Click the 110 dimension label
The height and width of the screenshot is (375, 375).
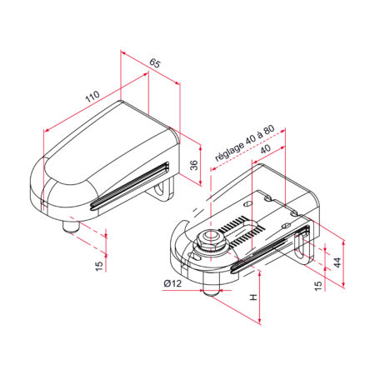tap(92, 96)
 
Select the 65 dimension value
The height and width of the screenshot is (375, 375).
tap(155, 63)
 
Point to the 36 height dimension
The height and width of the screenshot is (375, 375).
tap(195, 165)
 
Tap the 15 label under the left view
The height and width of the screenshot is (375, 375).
tap(99, 266)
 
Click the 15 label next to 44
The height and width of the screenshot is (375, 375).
tap(318, 286)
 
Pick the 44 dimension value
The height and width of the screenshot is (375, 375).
tap(337, 262)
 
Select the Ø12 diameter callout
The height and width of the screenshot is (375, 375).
tap(172, 283)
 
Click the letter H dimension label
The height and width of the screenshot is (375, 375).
tap(253, 297)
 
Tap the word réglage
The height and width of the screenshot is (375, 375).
tap(230, 152)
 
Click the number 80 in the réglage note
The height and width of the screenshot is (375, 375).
tap(268, 130)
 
